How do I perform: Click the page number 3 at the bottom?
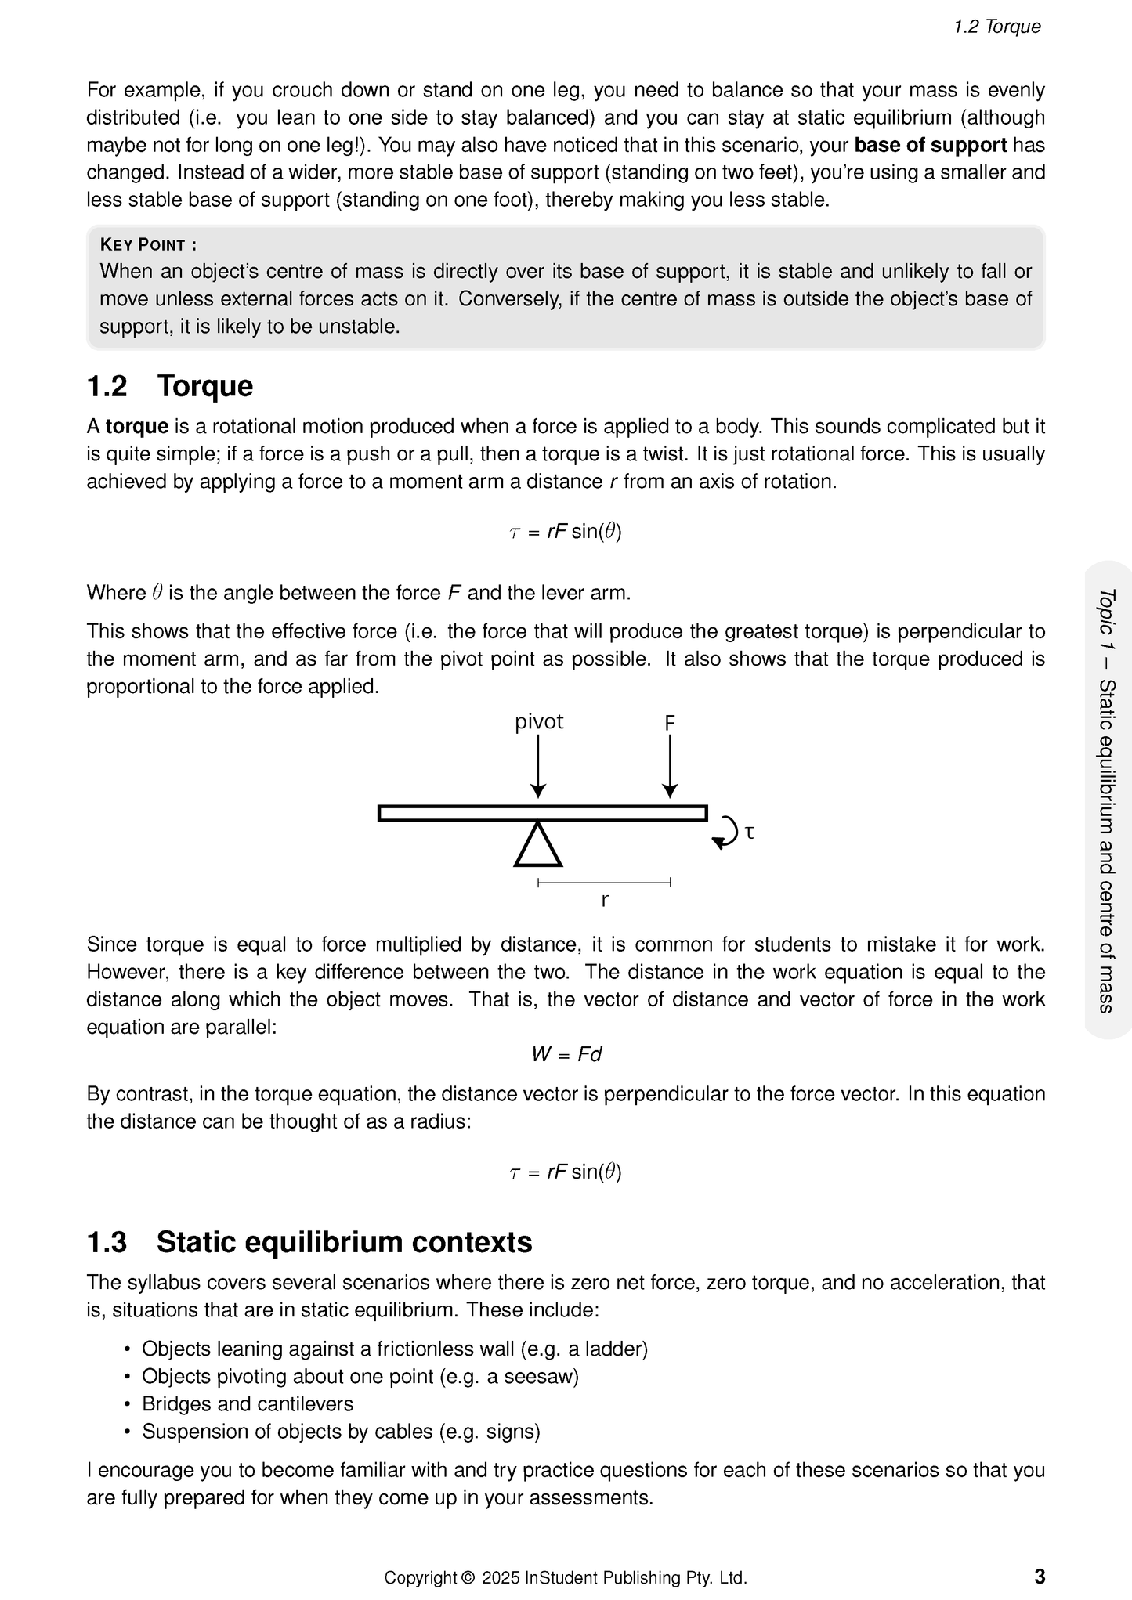1040,1576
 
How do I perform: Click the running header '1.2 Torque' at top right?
996,27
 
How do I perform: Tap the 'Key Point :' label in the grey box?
148,244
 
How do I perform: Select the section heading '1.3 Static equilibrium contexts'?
309,1242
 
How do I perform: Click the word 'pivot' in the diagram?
538,721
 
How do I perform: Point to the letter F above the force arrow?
670,723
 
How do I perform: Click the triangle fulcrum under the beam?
538,846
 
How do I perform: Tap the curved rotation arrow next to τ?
726,833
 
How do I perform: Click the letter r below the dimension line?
605,901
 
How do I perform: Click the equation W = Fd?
566,1054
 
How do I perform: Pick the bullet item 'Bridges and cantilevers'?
248,1403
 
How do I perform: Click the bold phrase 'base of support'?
930,145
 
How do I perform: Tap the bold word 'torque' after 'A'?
137,426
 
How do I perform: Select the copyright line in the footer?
566,1577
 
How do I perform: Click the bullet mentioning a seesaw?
360,1376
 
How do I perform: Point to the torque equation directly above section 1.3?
566,1172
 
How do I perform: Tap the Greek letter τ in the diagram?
750,832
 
